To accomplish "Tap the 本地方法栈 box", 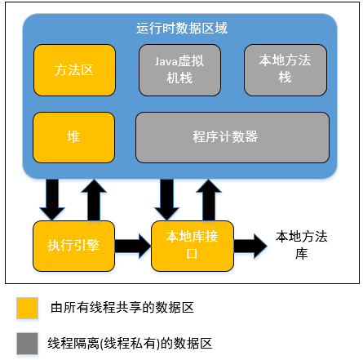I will click(x=286, y=69).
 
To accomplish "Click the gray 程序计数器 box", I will click(x=232, y=136).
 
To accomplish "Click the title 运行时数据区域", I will click(x=181, y=28).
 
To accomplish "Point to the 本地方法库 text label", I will click(x=302, y=245).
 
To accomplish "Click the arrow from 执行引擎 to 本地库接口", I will click(x=132, y=245).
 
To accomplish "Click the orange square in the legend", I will click(x=28, y=308).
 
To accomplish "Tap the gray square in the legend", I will click(x=28, y=344).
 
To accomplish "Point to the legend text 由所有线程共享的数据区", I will click(x=122, y=308).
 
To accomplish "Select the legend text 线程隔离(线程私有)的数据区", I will click(x=131, y=344).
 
